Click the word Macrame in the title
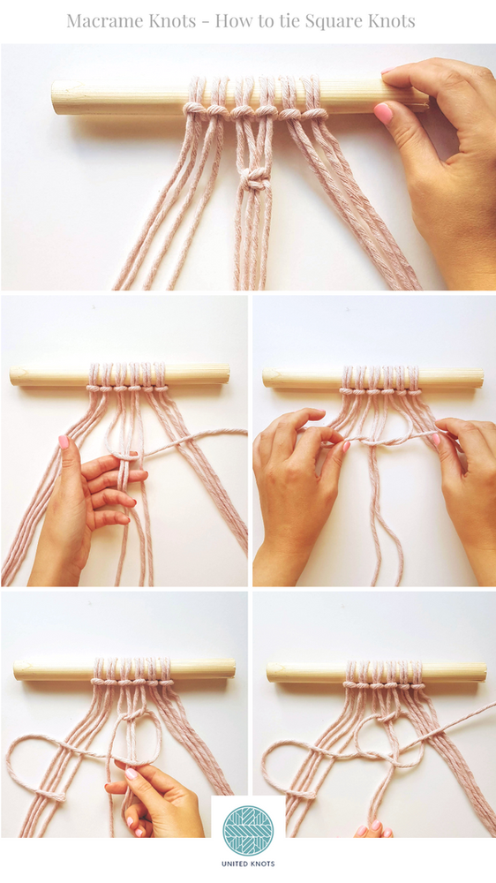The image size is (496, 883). tap(101, 21)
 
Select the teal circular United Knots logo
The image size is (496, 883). tap(248, 832)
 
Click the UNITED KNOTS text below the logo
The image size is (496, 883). tap(248, 864)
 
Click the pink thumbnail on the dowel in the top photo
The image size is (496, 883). tap(383, 113)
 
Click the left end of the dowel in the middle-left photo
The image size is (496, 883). tap(11, 375)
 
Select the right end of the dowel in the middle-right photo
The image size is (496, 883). tap(481, 378)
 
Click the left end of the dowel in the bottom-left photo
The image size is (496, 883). tap(16, 669)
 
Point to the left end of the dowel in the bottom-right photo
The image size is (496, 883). tap(268, 672)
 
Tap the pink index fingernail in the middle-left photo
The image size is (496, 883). tap(64, 442)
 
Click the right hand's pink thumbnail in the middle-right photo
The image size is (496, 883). tap(436, 439)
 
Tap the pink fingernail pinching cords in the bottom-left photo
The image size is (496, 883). tap(132, 774)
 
